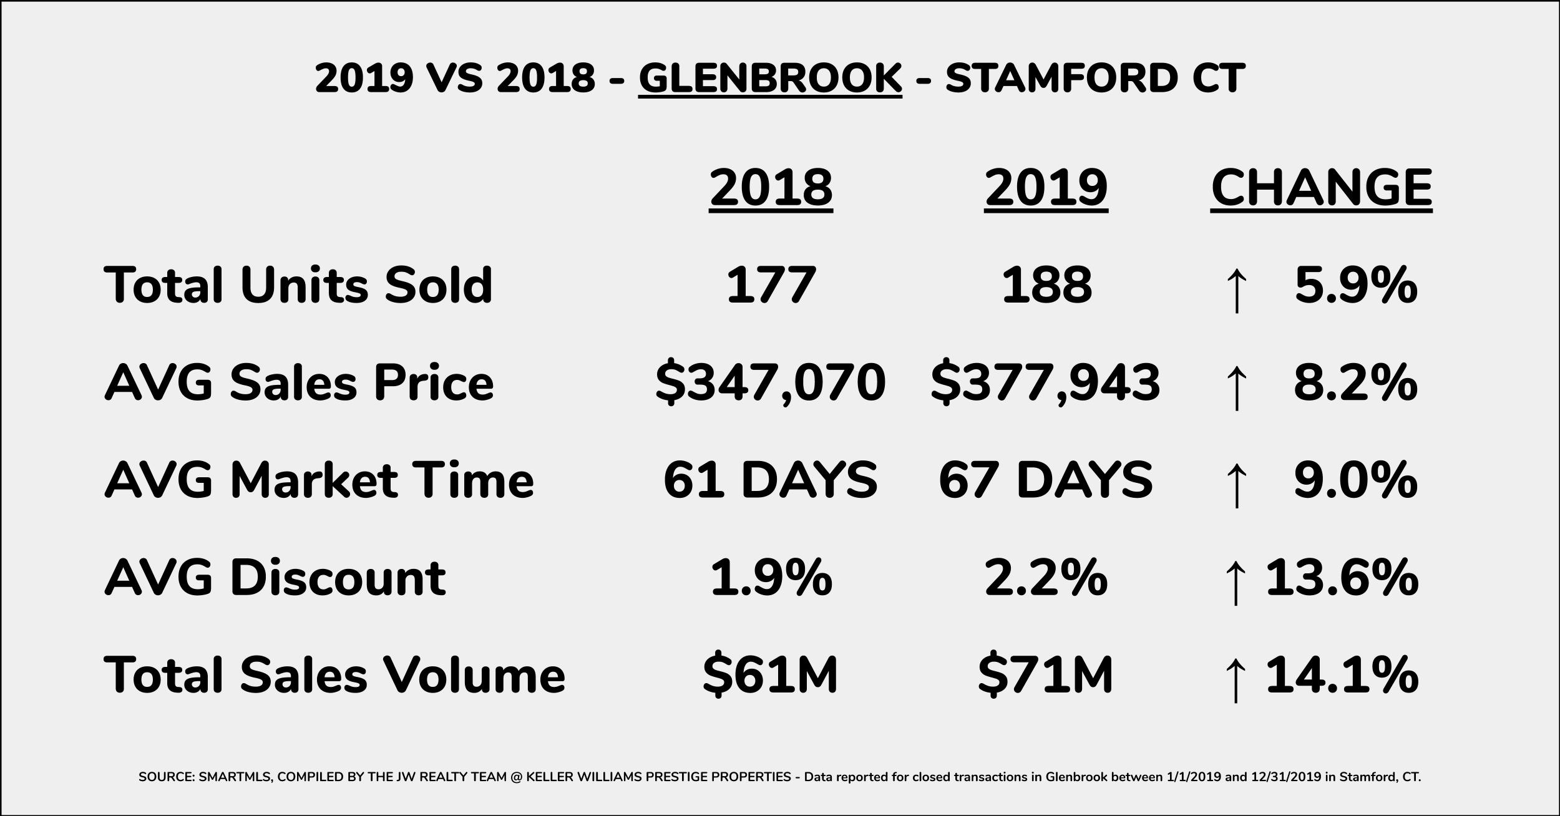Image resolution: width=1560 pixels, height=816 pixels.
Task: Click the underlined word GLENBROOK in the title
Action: tap(770, 79)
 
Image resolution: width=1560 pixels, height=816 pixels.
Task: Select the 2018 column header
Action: tap(771, 187)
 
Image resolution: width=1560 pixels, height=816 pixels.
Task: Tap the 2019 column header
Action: tap(1046, 187)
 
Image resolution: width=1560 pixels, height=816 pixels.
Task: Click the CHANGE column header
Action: tap(1321, 187)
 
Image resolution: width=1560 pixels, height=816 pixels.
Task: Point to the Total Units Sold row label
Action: tap(298, 285)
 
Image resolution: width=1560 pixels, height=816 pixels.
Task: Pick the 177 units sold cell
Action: tap(771, 285)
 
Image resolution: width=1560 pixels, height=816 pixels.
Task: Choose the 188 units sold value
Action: tap(1046, 285)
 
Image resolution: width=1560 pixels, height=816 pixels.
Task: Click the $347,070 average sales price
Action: tap(771, 382)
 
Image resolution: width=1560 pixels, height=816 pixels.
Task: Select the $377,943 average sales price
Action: tap(1046, 382)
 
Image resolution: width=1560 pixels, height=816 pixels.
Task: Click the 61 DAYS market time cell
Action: tap(771, 480)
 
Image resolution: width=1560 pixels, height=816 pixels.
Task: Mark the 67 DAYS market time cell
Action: tap(1046, 480)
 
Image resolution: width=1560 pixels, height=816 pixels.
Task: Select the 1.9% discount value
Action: tap(771, 577)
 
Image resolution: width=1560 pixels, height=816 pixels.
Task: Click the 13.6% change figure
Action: tap(1342, 577)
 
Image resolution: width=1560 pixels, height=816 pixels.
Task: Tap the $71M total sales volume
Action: tap(1046, 675)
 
